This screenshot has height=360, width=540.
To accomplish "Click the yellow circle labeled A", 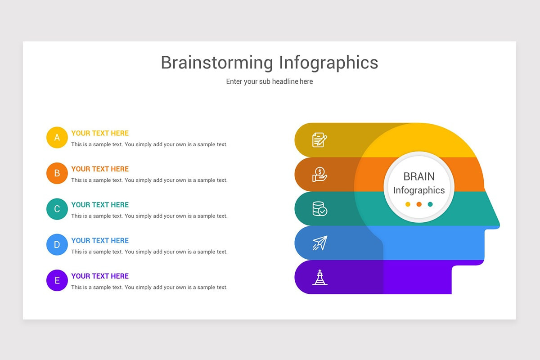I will pyautogui.click(x=57, y=137).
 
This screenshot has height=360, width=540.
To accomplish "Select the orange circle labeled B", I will pyautogui.click(x=57, y=173).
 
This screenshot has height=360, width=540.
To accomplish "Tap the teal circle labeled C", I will pyautogui.click(x=57, y=209).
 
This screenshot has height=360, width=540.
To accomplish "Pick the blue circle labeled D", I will pyautogui.click(x=57, y=245).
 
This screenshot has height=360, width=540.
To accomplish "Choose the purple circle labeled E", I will pyautogui.click(x=57, y=280).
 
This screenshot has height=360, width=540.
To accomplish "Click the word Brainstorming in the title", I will pyautogui.click(x=216, y=63).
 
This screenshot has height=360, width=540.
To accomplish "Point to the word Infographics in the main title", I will pyautogui.click(x=328, y=63).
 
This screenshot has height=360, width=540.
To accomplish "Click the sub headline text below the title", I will pyautogui.click(x=269, y=81).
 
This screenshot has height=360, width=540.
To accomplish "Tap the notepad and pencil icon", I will pyautogui.click(x=319, y=140).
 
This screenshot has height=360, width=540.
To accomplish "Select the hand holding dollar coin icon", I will pyautogui.click(x=319, y=174).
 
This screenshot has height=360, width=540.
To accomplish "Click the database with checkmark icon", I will pyautogui.click(x=319, y=209).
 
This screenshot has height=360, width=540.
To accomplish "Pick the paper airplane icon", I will pyautogui.click(x=319, y=243).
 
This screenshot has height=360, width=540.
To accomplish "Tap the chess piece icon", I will pyautogui.click(x=320, y=277).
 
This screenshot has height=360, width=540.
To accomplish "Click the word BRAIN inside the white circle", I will pyautogui.click(x=419, y=176).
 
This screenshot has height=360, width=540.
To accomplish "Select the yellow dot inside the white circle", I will pyautogui.click(x=408, y=204).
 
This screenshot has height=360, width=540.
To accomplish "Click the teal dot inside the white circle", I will pyautogui.click(x=430, y=204).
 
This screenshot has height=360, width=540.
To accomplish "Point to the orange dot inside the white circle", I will pyautogui.click(x=419, y=204).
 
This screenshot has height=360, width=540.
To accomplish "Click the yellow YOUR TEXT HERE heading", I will pyautogui.click(x=100, y=133).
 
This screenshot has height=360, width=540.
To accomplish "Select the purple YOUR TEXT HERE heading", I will pyautogui.click(x=100, y=276).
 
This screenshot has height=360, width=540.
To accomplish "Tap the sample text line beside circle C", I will pyautogui.click(x=149, y=216).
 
